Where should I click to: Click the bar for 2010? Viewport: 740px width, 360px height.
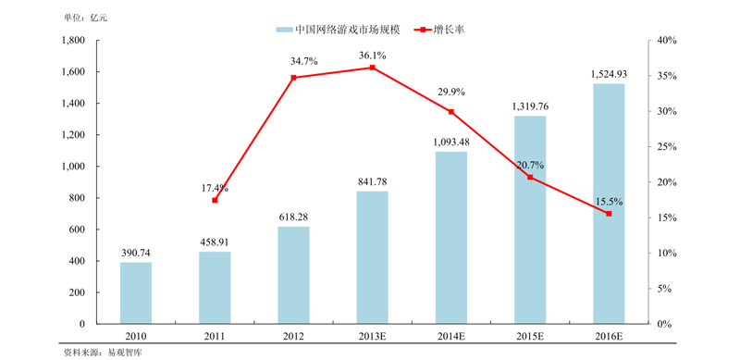(136, 293)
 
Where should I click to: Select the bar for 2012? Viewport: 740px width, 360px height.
(293, 275)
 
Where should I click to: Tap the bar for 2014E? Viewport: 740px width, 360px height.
(451, 238)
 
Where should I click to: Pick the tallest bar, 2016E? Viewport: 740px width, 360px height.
(609, 204)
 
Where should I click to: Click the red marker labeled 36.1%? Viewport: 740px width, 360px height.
(373, 68)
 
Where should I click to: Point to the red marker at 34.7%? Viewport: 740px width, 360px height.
(293, 78)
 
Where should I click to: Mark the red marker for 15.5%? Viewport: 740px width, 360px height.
(609, 214)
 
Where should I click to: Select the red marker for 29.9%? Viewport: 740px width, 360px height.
(451, 112)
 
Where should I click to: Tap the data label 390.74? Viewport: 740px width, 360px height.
(136, 253)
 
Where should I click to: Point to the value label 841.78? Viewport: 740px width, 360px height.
(373, 181)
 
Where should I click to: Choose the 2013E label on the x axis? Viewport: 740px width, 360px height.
(373, 337)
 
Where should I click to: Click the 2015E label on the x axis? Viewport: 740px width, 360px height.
(530, 337)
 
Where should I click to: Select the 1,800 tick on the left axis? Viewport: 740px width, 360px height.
(72, 41)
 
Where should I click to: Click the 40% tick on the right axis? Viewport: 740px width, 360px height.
(669, 41)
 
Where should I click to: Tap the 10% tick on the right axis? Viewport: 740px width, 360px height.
(669, 254)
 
